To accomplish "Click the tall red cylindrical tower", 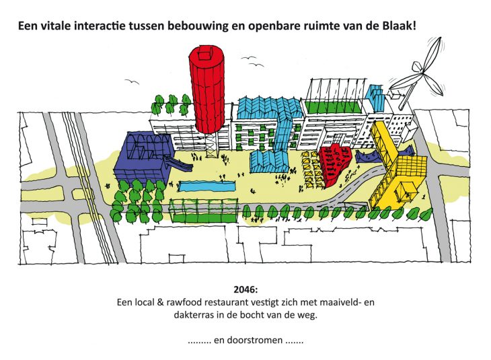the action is tap(206, 91).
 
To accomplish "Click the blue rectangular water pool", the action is tap(206, 186).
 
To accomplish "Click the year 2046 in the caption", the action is tap(245, 289).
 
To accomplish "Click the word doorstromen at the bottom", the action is tap(256, 340).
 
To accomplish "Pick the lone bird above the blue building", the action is tap(132, 82).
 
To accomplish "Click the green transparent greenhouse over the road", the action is tap(204, 211).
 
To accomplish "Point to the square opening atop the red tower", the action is tap(204, 53).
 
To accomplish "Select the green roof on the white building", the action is tap(332, 107).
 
